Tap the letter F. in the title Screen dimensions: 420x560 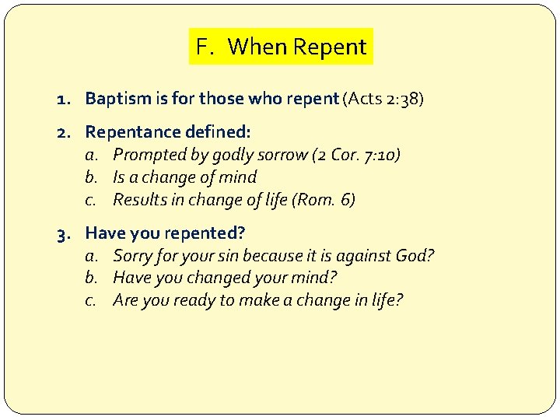click(204, 47)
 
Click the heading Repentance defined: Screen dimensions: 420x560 click(168, 133)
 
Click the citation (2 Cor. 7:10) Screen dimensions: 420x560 click(356, 156)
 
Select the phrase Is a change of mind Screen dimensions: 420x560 click(184, 177)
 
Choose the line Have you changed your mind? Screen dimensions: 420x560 click(225, 278)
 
